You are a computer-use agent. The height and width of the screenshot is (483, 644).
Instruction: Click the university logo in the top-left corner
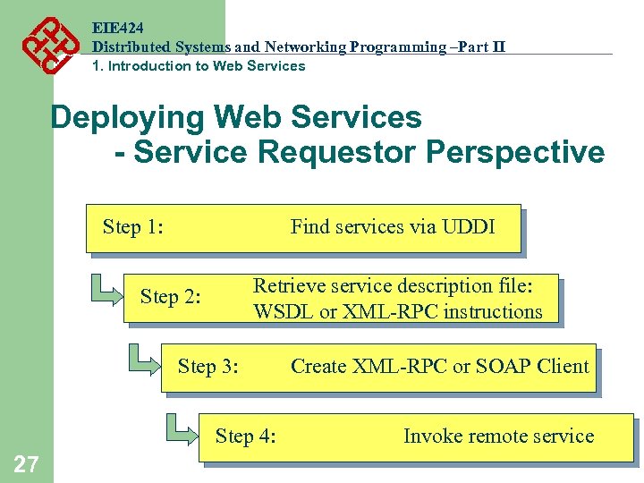pyautogui.click(x=45, y=45)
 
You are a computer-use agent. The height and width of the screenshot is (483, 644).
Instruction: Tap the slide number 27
pyautogui.click(x=26, y=462)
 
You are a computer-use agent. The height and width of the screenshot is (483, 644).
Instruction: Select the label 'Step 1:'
pyautogui.click(x=132, y=227)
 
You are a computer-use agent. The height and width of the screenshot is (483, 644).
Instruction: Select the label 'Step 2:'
pyautogui.click(x=170, y=297)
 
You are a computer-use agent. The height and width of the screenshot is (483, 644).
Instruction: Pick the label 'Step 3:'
pyautogui.click(x=208, y=366)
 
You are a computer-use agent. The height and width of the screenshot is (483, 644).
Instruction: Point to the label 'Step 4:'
pyautogui.click(x=245, y=436)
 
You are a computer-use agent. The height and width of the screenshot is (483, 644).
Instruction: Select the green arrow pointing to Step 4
pyautogui.click(x=182, y=428)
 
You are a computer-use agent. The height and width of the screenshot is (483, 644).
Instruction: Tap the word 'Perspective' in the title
pyautogui.click(x=515, y=152)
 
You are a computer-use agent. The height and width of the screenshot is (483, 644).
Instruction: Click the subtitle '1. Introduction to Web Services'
pyautogui.click(x=199, y=66)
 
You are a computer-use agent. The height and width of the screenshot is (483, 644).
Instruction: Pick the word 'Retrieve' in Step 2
pyautogui.click(x=290, y=286)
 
